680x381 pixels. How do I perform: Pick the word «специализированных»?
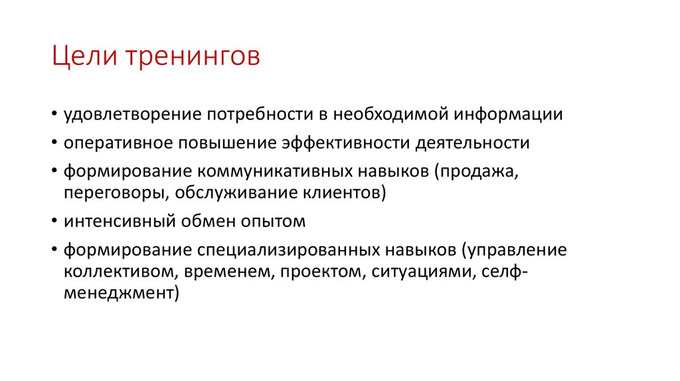tap(288, 250)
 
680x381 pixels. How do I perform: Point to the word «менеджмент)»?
tap(122, 294)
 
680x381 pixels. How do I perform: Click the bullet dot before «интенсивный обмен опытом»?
tap(52, 222)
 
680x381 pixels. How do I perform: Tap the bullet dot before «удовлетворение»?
tap(52, 115)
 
